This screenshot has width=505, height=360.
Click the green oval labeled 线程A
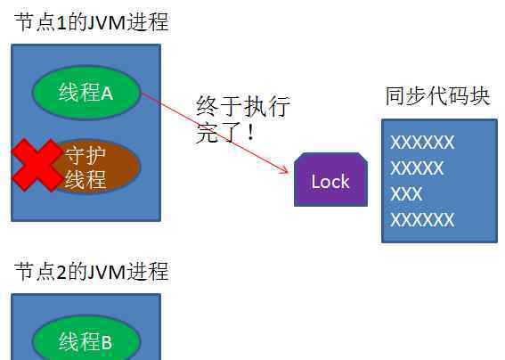point(86,92)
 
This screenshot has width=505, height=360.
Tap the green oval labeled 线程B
point(86,338)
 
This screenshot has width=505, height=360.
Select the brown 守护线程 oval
point(95,167)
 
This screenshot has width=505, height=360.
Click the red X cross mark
point(36,166)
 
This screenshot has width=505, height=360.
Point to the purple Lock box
point(330,179)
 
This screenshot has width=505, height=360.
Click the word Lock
point(330,182)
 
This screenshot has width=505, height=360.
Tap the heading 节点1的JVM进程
point(92,22)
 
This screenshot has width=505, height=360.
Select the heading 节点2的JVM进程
point(92,271)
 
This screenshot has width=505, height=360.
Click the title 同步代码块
point(437,95)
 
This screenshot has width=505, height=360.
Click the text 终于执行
point(243,106)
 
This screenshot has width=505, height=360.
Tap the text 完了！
point(225,132)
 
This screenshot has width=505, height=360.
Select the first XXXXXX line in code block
point(422,143)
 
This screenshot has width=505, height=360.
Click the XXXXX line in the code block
point(417,168)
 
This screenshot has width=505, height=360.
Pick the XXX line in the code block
point(406,193)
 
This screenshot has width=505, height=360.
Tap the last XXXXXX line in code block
point(422,220)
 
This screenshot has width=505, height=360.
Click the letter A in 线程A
point(107,94)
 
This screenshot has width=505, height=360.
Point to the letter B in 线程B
point(107,342)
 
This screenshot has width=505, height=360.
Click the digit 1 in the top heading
point(61,23)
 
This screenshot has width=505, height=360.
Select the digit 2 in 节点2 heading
point(61,273)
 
